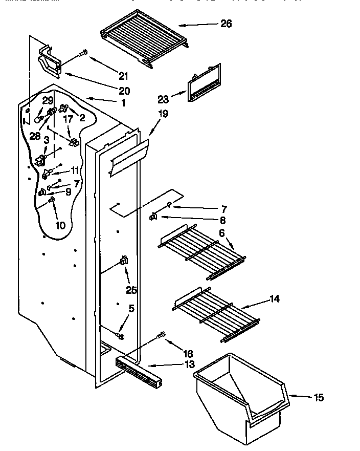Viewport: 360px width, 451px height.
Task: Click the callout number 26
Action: click(x=226, y=24)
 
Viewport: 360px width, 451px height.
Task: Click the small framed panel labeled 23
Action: click(x=204, y=83)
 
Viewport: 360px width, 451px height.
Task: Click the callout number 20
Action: click(x=124, y=91)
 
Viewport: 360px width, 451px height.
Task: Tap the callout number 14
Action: click(x=275, y=300)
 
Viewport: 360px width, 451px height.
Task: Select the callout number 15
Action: click(x=318, y=397)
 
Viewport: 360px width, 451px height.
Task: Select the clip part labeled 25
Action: click(x=123, y=262)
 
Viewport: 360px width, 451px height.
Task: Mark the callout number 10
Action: click(x=60, y=224)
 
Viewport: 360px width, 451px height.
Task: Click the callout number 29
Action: click(x=48, y=100)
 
